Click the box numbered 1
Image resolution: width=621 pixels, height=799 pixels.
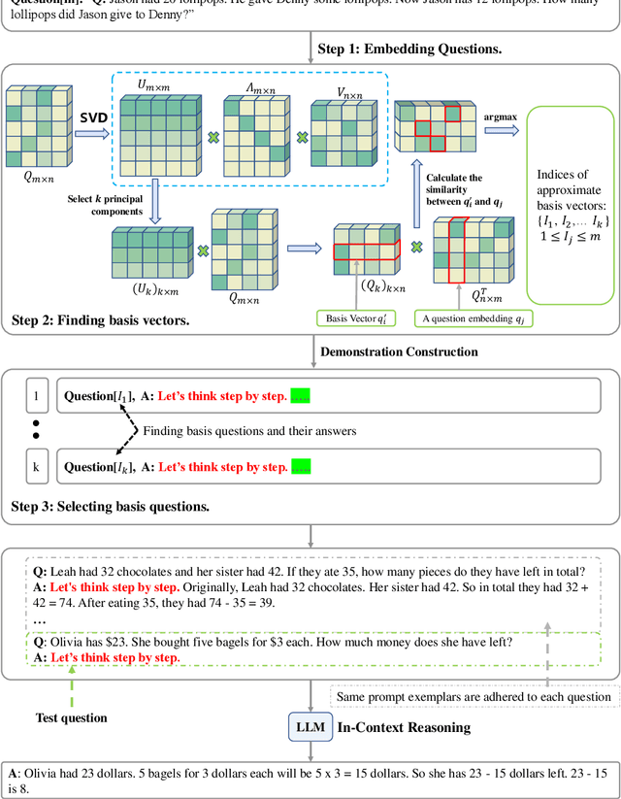click(x=36, y=396)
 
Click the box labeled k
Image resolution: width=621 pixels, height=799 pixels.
click(x=36, y=467)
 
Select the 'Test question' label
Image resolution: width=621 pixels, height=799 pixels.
click(x=72, y=718)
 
